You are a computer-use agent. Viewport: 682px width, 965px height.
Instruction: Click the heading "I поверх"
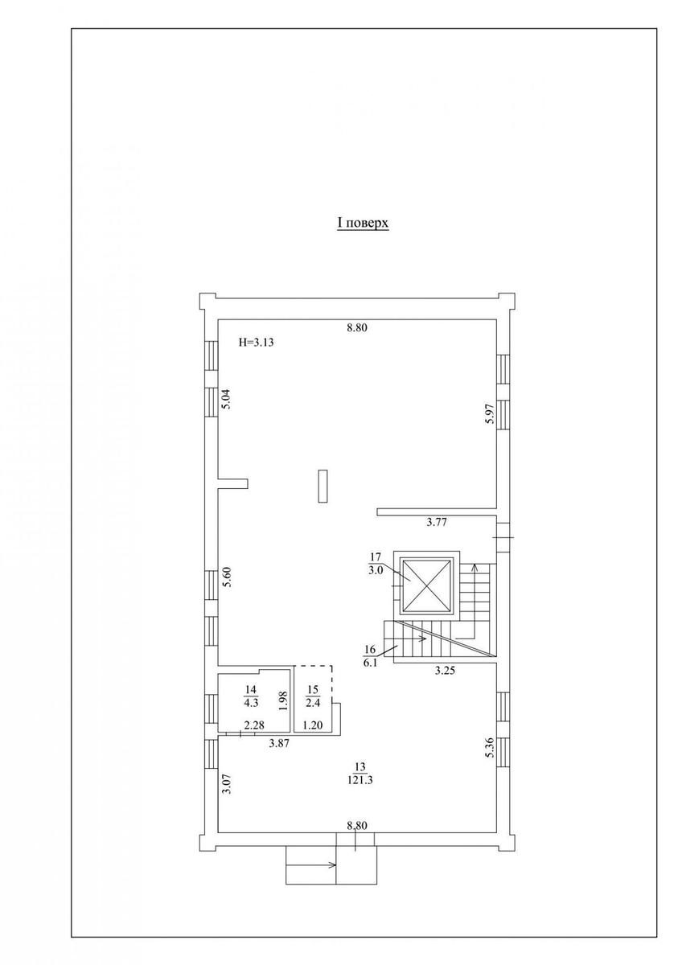[363, 224]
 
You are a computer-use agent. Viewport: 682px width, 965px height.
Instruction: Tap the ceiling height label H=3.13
[257, 343]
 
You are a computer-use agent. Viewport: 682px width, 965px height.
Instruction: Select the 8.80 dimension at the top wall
[357, 328]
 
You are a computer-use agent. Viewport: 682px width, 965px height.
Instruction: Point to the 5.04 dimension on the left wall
[227, 400]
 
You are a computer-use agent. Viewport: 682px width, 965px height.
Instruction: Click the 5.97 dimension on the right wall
[488, 416]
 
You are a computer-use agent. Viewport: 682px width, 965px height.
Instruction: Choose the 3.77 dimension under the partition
[437, 523]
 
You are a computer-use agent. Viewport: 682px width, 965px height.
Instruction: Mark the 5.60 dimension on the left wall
[227, 577]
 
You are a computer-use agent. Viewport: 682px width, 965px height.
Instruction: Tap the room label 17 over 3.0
[376, 564]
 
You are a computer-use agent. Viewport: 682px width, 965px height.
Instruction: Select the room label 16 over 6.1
[370, 656]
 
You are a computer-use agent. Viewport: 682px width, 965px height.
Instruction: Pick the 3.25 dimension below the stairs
[445, 671]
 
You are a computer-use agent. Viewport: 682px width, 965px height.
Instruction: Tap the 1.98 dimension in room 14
[283, 701]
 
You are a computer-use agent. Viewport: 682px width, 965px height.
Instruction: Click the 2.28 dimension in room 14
[254, 726]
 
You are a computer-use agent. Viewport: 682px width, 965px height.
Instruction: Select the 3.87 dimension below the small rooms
[279, 743]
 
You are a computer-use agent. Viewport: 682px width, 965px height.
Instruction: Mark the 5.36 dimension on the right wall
[488, 750]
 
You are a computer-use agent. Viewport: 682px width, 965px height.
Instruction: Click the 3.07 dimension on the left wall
[228, 783]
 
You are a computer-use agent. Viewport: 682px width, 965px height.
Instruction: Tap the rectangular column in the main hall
[323, 486]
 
